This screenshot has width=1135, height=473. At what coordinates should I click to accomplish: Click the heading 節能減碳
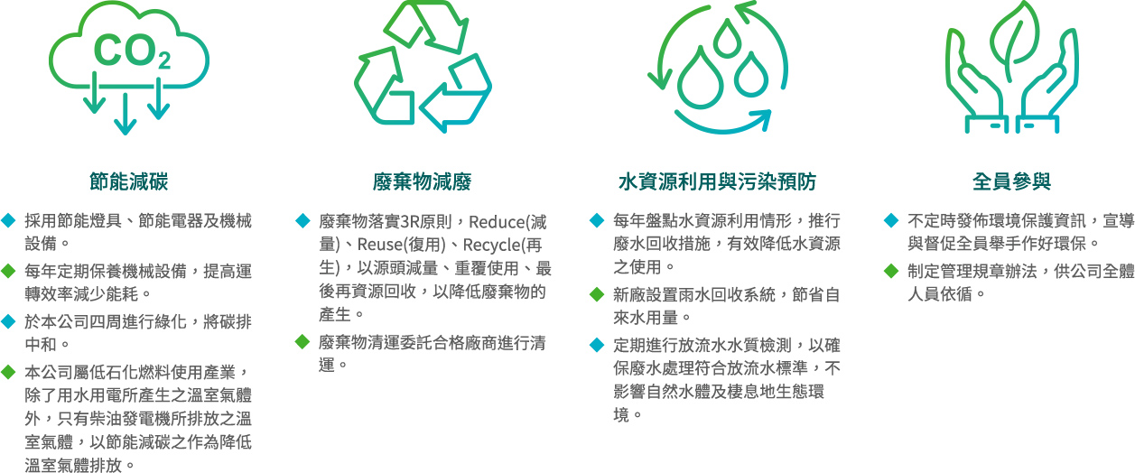click(x=129, y=181)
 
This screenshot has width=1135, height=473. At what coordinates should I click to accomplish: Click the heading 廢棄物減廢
click(x=422, y=181)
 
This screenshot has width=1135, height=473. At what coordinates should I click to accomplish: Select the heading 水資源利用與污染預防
click(x=717, y=181)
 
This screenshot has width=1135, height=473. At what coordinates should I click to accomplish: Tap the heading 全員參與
click(x=1011, y=181)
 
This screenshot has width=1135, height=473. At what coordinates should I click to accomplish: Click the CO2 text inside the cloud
click(x=132, y=51)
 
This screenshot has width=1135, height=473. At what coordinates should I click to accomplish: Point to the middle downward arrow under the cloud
click(x=126, y=114)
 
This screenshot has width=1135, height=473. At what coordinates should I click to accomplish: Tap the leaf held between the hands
click(x=1014, y=41)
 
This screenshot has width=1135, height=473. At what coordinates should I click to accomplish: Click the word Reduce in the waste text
click(x=496, y=222)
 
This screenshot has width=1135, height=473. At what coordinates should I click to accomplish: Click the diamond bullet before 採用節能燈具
click(x=8, y=220)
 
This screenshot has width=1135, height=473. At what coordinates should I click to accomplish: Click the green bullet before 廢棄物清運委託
click(x=302, y=342)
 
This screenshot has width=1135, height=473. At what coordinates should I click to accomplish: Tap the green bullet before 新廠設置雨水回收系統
click(x=597, y=294)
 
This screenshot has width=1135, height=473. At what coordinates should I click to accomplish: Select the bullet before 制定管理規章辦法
click(x=891, y=271)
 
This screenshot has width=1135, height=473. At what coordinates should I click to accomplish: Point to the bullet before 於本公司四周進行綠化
click(x=8, y=321)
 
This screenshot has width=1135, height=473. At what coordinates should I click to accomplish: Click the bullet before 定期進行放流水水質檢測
click(x=597, y=345)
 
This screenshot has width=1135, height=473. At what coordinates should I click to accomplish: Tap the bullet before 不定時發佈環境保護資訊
click(x=891, y=220)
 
